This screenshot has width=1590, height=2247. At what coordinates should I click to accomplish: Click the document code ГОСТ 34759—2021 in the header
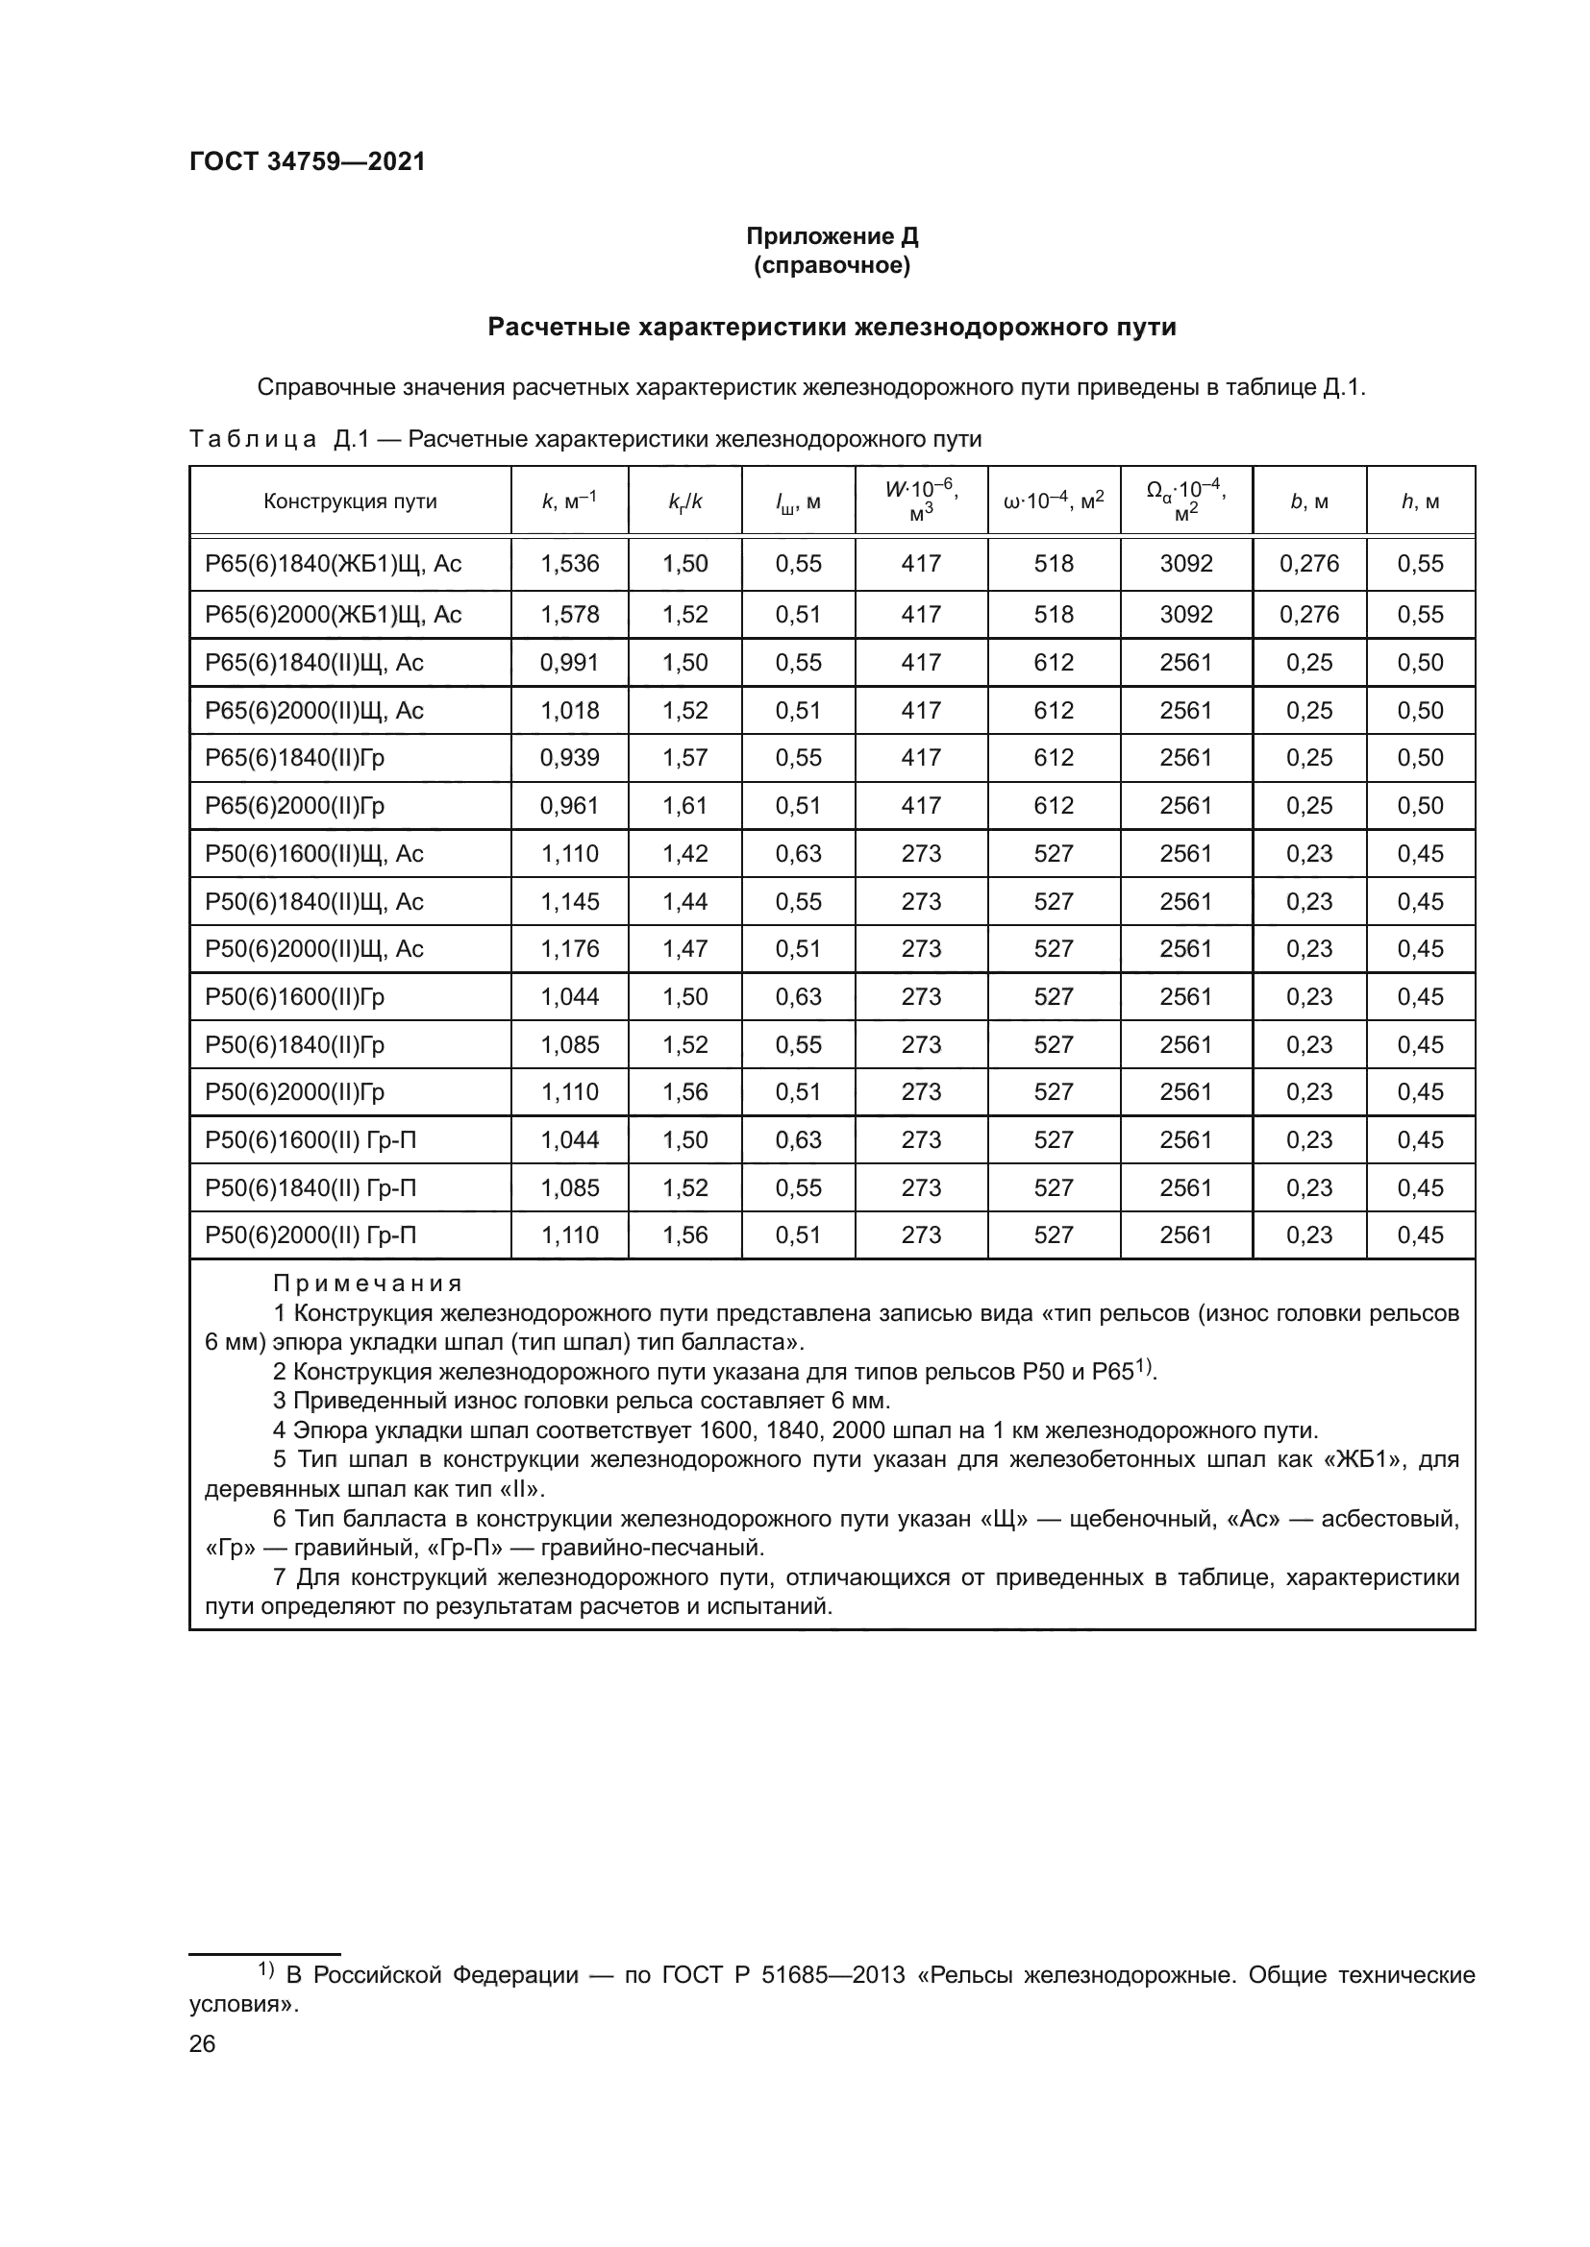click(x=308, y=161)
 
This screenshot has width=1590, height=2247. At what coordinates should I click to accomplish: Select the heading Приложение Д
click(x=832, y=236)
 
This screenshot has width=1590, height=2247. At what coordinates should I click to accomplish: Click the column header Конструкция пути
click(x=350, y=502)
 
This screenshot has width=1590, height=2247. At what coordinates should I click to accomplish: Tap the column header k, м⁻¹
click(x=569, y=502)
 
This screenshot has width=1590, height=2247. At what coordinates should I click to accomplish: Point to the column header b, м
click(x=1309, y=502)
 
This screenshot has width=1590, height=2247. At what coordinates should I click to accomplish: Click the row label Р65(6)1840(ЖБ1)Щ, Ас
click(x=333, y=564)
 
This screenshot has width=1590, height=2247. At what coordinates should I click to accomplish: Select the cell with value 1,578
click(x=569, y=615)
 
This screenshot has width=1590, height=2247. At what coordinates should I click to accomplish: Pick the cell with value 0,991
click(x=569, y=663)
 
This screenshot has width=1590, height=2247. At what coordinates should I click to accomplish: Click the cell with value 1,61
click(x=684, y=805)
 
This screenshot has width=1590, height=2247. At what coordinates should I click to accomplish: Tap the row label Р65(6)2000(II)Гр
click(x=295, y=805)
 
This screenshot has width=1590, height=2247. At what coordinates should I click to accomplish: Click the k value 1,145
click(x=569, y=901)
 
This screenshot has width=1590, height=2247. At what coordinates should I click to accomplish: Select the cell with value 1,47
click(x=684, y=948)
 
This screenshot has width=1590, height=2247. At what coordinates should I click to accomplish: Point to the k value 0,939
click(x=569, y=757)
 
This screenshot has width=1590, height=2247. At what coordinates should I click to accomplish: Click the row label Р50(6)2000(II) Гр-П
click(x=311, y=1235)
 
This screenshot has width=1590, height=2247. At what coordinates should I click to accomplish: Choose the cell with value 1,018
click(x=569, y=711)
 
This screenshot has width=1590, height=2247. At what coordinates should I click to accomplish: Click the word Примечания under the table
click(x=367, y=1283)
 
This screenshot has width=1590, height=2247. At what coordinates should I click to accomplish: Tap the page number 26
click(x=203, y=2043)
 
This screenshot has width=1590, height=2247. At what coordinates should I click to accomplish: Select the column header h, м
click(x=1420, y=502)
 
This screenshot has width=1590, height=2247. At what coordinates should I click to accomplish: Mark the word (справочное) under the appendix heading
click(x=832, y=265)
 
